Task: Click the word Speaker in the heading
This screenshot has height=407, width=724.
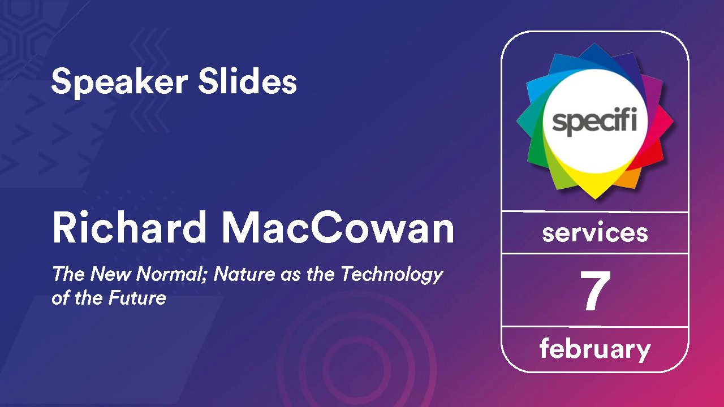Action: [119, 83]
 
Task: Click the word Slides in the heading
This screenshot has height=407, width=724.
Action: [248, 81]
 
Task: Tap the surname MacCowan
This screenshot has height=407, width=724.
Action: [338, 227]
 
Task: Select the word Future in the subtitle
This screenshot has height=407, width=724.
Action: [137, 298]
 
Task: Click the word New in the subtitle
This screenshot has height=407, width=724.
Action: [110, 274]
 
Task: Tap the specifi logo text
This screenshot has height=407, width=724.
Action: [594, 121]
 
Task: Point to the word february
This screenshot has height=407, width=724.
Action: [595, 349]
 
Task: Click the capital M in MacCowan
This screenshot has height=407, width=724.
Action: [240, 228]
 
